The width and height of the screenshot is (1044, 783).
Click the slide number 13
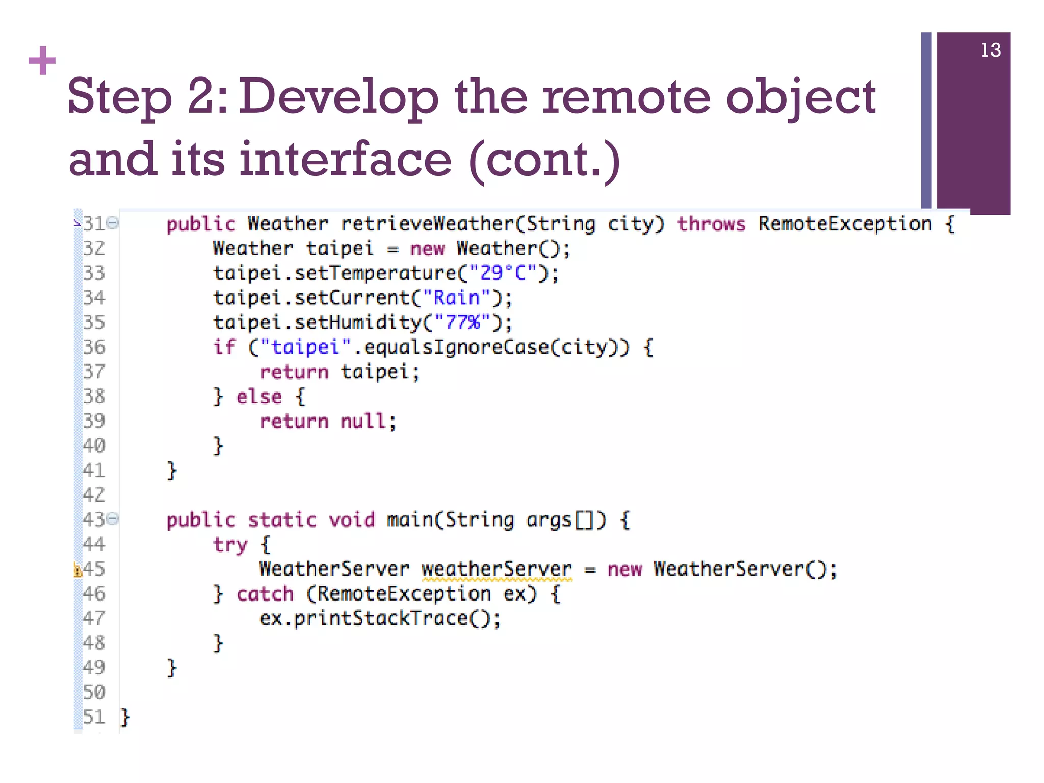point(990,50)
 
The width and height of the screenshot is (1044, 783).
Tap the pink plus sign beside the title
point(42,61)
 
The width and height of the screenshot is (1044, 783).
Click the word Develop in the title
point(338,97)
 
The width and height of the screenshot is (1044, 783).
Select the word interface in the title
point(346,159)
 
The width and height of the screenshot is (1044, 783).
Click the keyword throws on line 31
point(711,224)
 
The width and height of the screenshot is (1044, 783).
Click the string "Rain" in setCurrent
point(456,298)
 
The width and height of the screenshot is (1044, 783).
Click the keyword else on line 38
point(258,397)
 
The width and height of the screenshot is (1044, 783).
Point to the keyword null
point(363,421)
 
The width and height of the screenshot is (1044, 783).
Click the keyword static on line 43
point(282,520)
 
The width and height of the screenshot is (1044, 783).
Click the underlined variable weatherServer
point(497,569)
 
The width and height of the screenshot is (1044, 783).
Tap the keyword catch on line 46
point(265,594)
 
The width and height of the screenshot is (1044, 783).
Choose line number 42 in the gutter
point(94,495)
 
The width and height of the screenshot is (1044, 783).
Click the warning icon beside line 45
point(77,569)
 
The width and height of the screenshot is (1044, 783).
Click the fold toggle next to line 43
point(114,519)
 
